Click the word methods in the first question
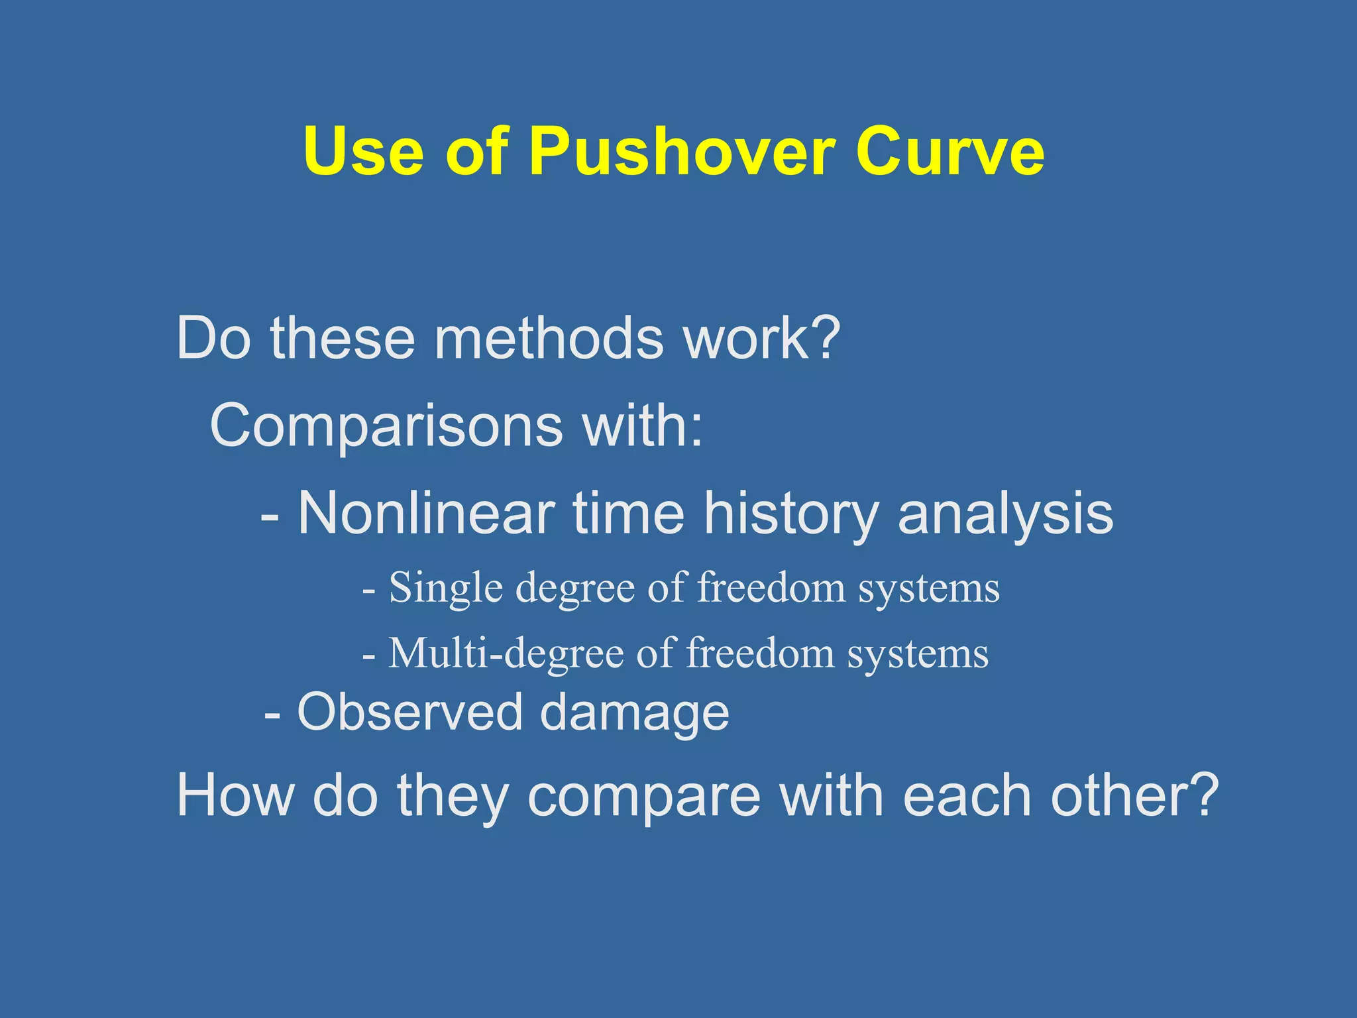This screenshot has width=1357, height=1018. (x=548, y=339)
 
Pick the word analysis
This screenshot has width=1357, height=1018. (x=1005, y=514)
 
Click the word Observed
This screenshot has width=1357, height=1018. (x=410, y=712)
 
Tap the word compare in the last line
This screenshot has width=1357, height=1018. (x=644, y=797)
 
